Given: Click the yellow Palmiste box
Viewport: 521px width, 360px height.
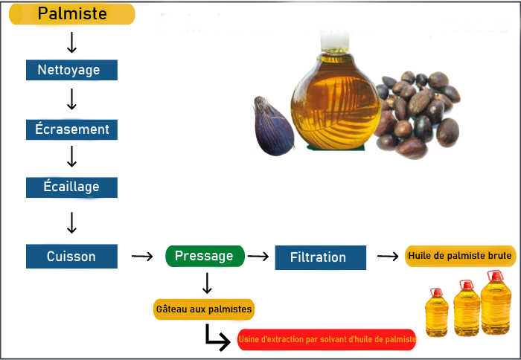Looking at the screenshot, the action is coord(71,14).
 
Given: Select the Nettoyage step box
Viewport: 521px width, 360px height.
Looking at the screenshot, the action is coord(71,70).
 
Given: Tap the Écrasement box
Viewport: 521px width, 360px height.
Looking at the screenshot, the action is coord(71,129).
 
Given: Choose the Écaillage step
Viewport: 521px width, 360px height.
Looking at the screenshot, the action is coord(71,187).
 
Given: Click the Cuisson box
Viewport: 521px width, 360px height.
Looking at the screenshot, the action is coord(71,257).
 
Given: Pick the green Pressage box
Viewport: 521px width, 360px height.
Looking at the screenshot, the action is coord(205,256).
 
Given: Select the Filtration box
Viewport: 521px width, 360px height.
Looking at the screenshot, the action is coord(321,257).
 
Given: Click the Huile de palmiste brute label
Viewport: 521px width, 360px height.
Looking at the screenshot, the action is coord(460,256).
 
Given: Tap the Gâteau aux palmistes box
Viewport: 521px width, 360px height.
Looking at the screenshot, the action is coord(204,309).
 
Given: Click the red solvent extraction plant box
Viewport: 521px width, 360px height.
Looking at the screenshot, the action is coord(327,339).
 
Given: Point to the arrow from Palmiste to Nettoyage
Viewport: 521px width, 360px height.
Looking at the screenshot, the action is coord(71,42).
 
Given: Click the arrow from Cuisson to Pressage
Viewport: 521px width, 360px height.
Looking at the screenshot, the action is coord(142,256).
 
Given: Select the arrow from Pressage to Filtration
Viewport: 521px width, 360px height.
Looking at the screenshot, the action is coord(258,256).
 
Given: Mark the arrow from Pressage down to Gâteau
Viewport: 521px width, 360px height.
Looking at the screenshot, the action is coord(207,283).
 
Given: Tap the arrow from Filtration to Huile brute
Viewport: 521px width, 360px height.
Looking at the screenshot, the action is coord(388,256).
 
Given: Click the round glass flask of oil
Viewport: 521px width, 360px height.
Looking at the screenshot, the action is coord(336,96).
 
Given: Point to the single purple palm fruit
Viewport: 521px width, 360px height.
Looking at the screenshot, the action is coord(273,126).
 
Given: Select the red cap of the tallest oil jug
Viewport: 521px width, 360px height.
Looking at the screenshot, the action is coord(496,276).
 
